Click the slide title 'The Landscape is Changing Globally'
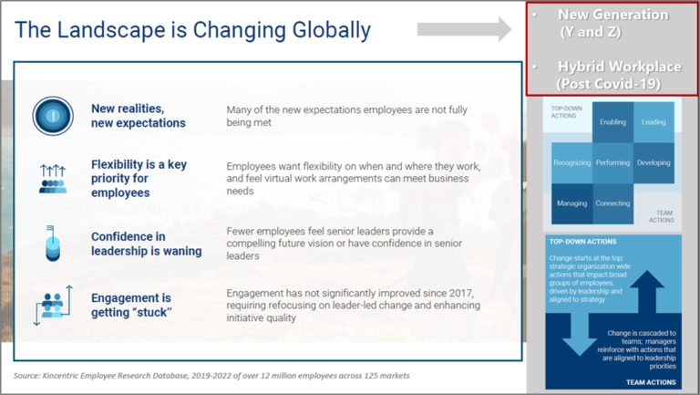coord(193,30)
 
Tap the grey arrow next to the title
coord(463,29)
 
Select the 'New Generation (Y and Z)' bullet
coord(612,23)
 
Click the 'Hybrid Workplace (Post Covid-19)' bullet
coord(612,75)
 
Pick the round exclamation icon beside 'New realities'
coord(53,116)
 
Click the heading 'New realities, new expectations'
coord(139,116)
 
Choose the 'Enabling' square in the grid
coord(612,121)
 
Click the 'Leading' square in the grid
coord(654,121)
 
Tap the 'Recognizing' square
coord(571,162)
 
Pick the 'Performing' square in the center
coord(612,162)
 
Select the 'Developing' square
coord(654,162)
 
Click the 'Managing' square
coord(571,203)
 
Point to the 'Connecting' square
coord(612,203)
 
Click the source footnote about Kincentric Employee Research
coord(211,376)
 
